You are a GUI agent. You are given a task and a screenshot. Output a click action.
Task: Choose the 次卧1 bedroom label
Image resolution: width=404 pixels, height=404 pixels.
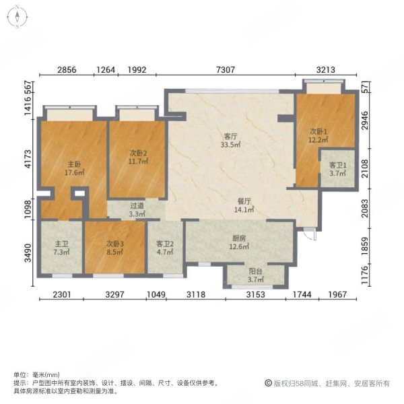point(318,131)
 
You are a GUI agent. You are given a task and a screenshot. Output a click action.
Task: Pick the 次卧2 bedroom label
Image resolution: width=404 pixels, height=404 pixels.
point(139,153)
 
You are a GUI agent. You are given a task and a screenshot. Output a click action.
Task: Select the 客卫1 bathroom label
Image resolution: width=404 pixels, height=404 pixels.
point(337,165)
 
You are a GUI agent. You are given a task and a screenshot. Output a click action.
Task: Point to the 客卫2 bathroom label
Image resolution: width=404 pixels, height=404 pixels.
point(165,244)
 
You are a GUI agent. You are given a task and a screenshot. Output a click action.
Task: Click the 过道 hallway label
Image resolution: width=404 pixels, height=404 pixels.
point(137,206)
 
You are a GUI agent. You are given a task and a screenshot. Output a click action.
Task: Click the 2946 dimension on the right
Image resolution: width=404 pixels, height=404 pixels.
point(384,123)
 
